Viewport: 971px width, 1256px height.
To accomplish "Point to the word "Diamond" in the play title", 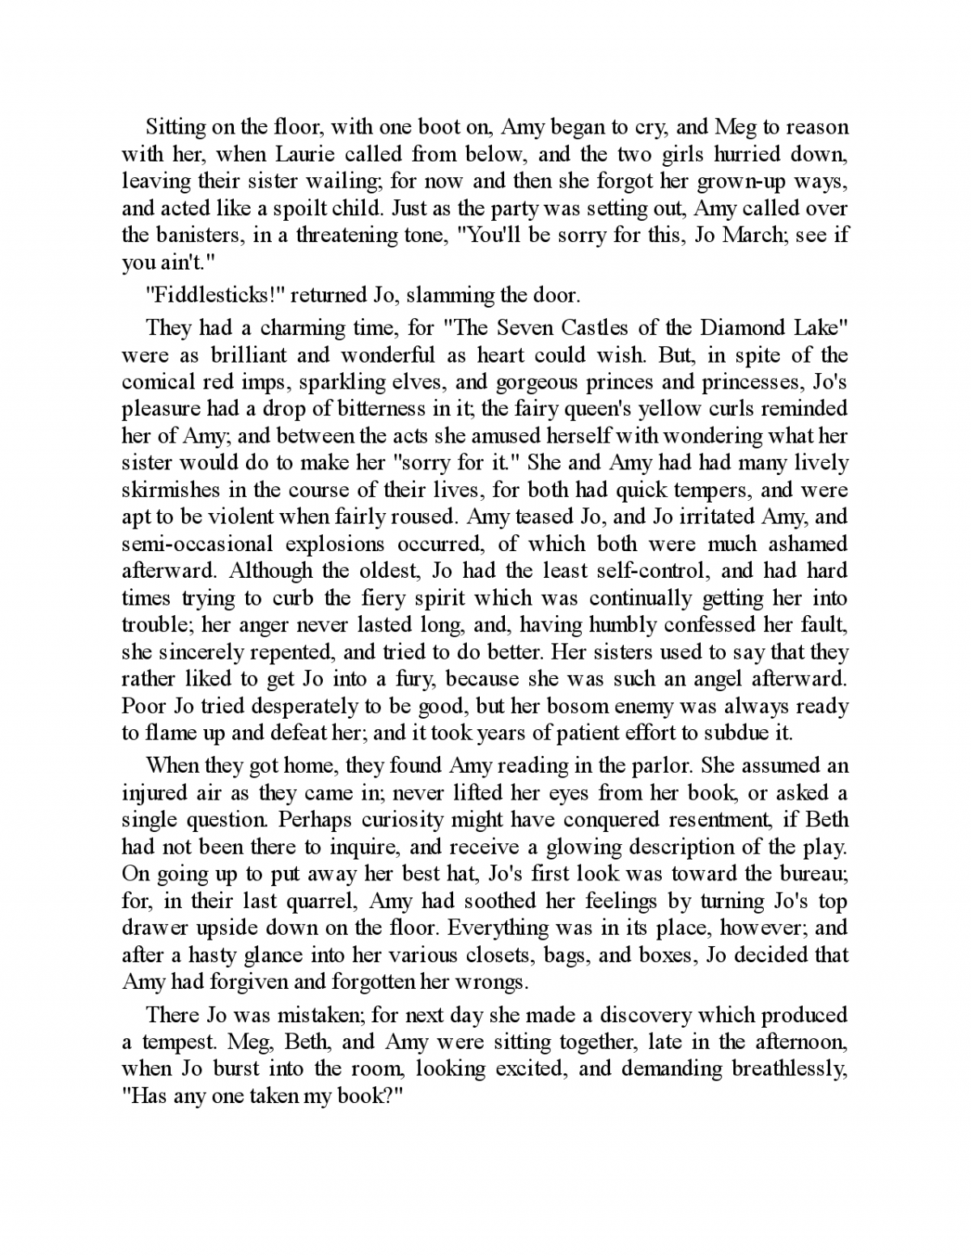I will tap(744, 328).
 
